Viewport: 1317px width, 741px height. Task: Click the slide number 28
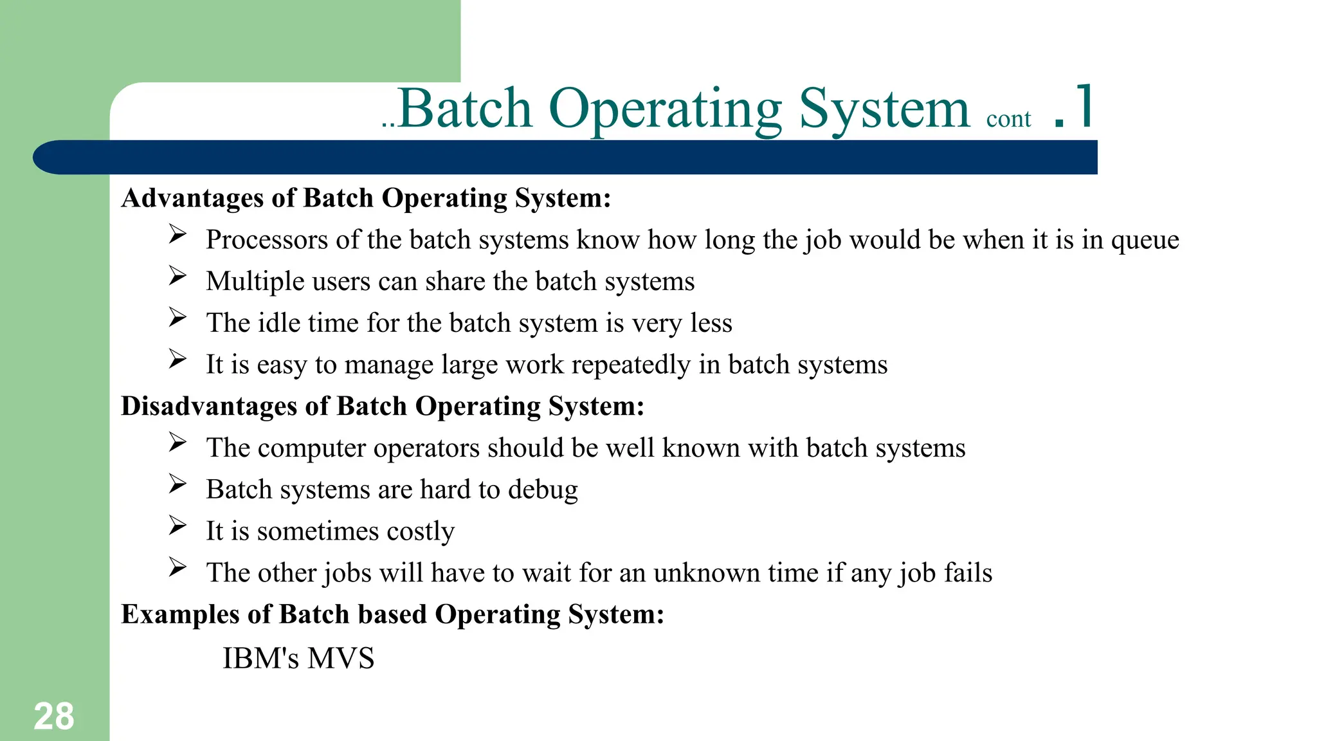[54, 716]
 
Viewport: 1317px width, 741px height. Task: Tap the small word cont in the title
[1008, 119]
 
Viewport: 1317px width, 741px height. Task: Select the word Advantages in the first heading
[192, 198]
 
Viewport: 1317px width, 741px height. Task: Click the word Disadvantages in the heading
[208, 407]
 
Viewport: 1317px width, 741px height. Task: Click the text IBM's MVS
[298, 658]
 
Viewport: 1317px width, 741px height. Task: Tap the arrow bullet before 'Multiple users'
[177, 276]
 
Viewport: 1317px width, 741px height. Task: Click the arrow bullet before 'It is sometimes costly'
[177, 526]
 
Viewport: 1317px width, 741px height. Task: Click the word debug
[543, 490]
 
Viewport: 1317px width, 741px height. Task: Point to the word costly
[421, 532]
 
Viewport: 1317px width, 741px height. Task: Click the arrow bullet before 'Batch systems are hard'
[177, 484]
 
